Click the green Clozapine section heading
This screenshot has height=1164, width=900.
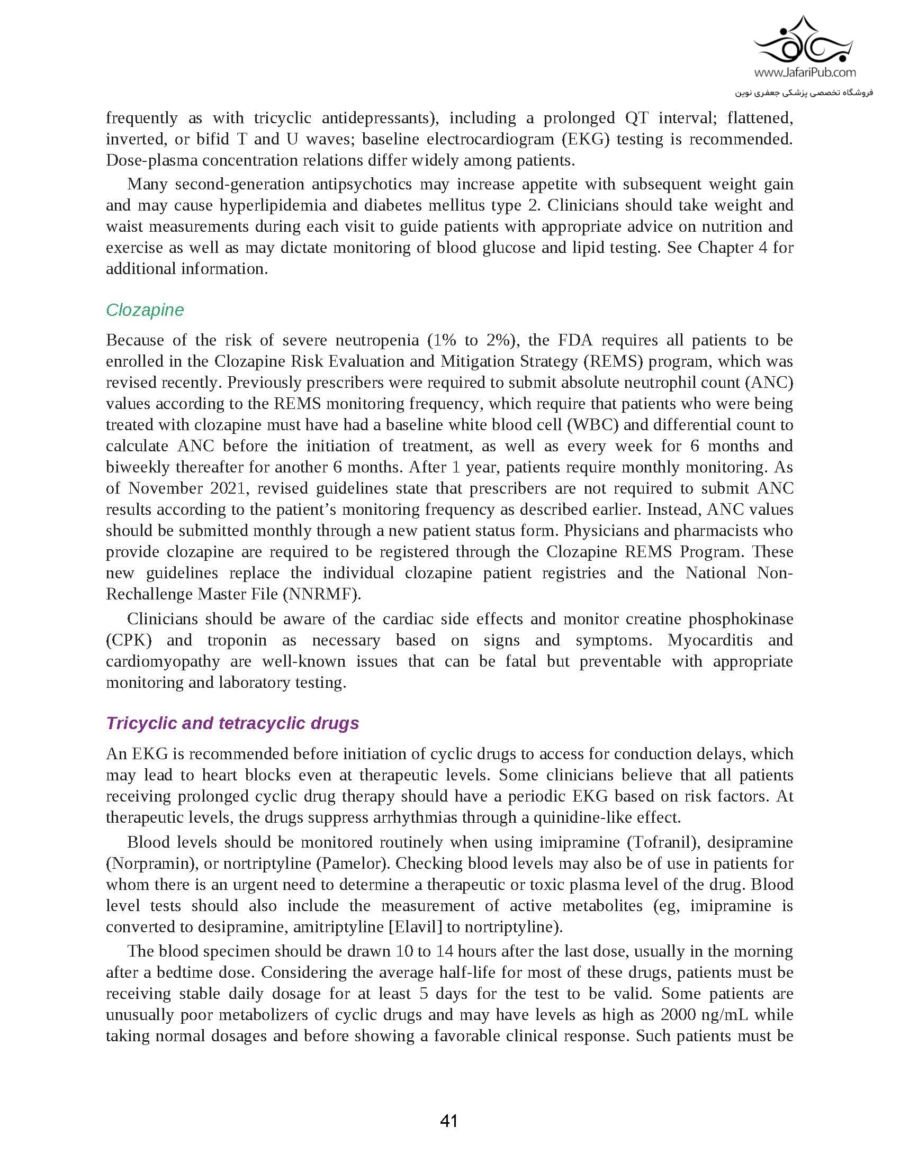coord(145,310)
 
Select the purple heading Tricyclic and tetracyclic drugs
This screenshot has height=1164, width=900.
coord(232,723)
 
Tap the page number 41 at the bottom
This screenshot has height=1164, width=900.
coord(449,1121)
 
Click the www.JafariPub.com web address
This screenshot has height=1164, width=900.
coord(805,72)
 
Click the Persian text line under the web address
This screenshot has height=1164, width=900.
coord(804,92)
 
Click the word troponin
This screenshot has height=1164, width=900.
coord(237,640)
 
